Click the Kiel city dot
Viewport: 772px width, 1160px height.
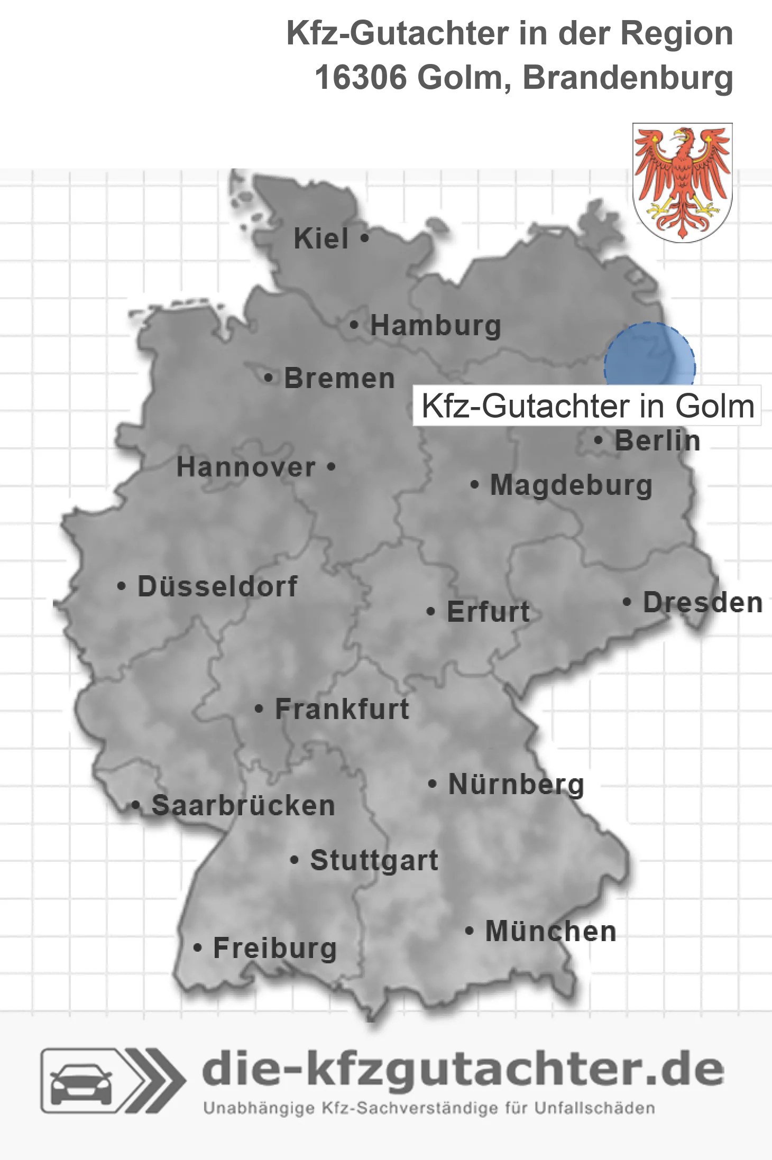364,238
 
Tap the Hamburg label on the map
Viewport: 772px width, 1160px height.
435,325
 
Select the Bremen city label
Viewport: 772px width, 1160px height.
339,379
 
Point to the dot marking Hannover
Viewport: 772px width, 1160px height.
331,467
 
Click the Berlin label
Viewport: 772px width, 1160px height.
657,441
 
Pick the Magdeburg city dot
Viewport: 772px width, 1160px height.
475,484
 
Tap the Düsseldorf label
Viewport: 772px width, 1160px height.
217,586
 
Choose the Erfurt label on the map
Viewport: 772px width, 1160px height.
488,612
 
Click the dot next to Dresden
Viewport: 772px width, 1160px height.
627,602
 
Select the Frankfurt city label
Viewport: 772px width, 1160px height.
342,709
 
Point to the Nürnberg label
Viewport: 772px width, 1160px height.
516,784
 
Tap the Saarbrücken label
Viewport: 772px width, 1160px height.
243,806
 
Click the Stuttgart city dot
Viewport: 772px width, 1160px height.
295,860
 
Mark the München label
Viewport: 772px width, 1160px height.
551,931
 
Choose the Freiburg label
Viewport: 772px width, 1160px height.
275,948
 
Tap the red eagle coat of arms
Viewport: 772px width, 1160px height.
682,182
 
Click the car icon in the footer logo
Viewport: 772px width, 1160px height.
81,1082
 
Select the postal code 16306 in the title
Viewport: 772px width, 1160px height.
361,78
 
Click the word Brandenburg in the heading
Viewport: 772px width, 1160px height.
628,78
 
